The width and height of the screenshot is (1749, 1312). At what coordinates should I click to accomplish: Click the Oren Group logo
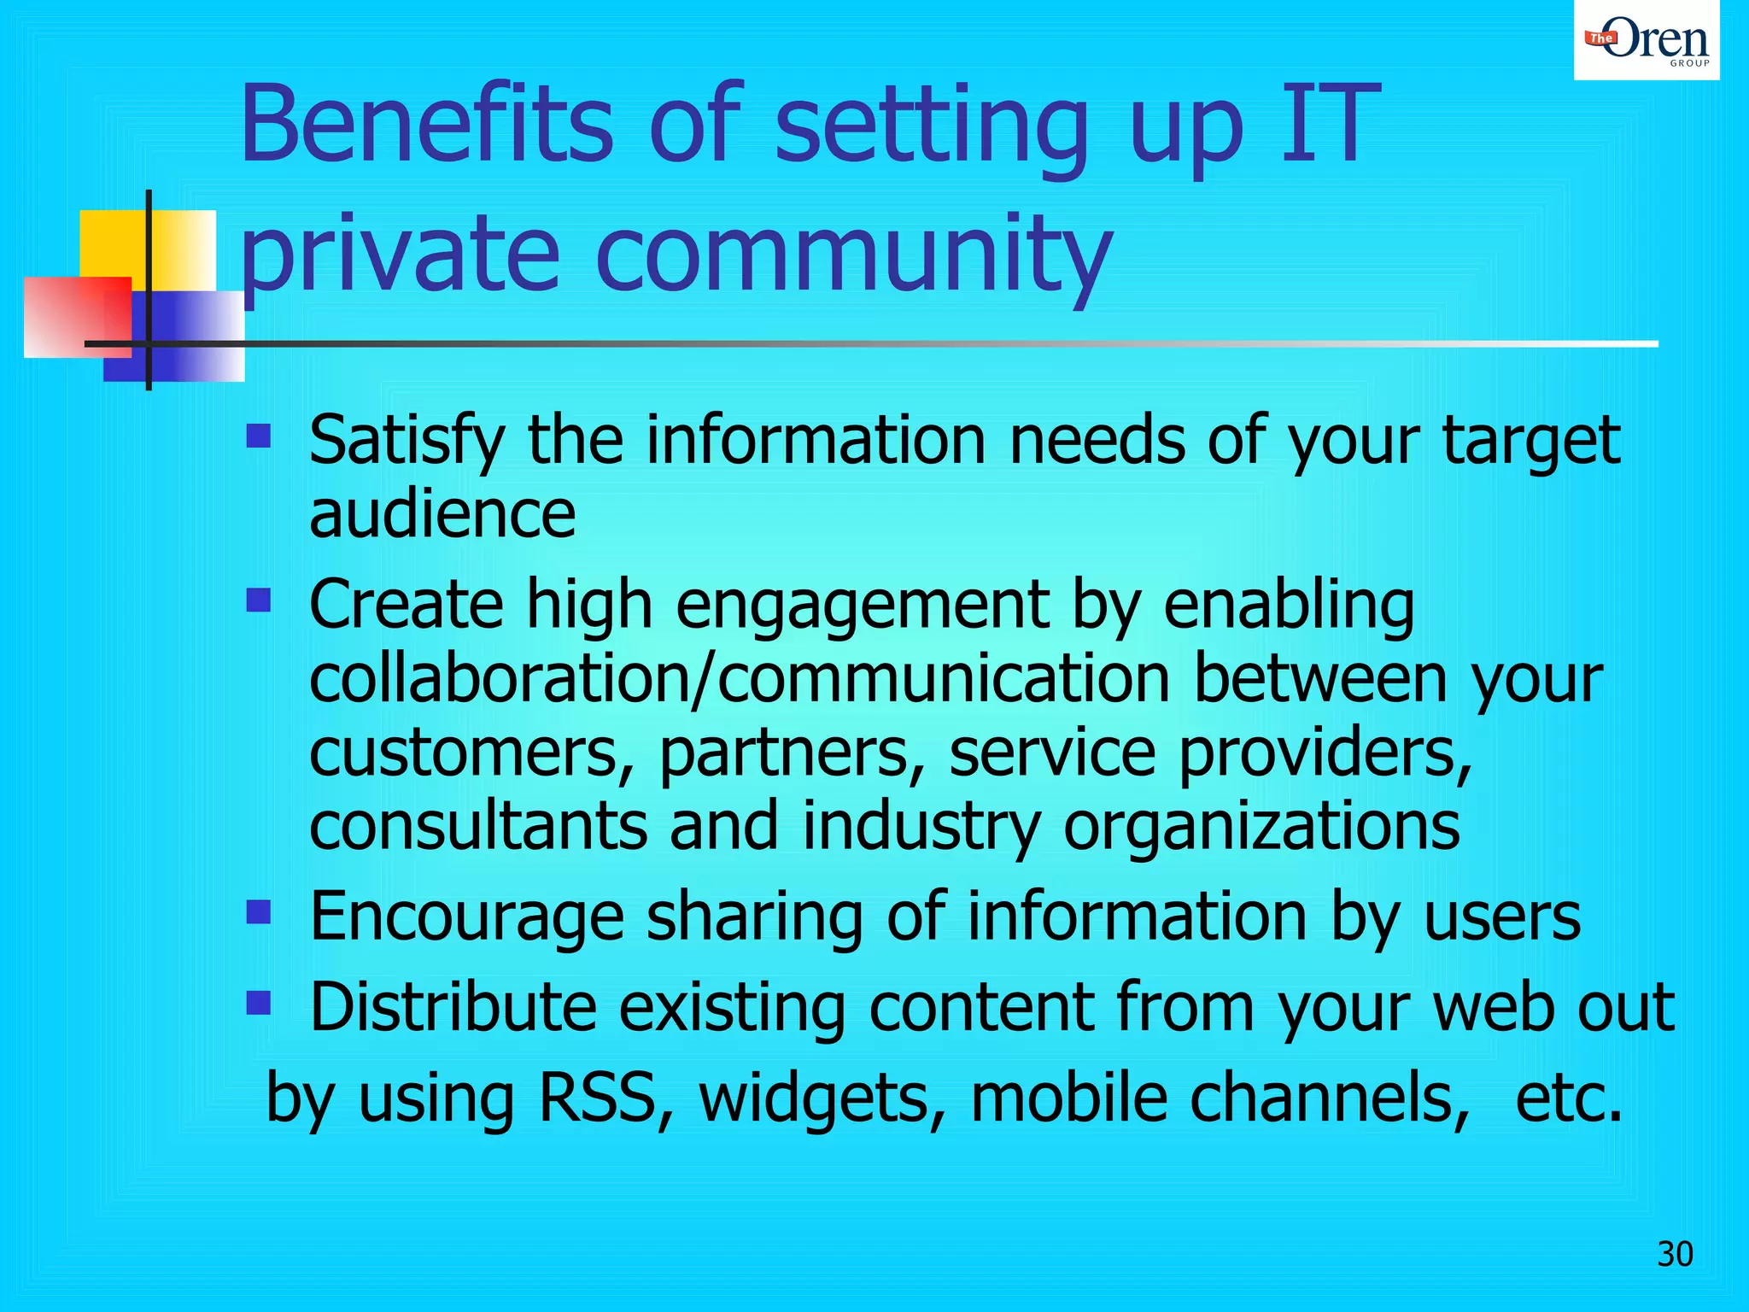click(1647, 40)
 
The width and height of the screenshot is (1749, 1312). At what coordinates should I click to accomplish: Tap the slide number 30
click(1675, 1254)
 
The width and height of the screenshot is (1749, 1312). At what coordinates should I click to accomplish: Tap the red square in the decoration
click(77, 316)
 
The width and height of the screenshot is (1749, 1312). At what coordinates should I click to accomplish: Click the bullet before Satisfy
click(258, 437)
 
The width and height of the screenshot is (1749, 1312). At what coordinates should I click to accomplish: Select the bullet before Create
click(258, 600)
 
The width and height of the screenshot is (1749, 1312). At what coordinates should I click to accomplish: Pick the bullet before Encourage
click(258, 912)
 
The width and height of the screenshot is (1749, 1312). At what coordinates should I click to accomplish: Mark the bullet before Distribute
click(258, 1002)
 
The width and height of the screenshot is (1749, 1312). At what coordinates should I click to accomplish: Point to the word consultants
click(478, 826)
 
